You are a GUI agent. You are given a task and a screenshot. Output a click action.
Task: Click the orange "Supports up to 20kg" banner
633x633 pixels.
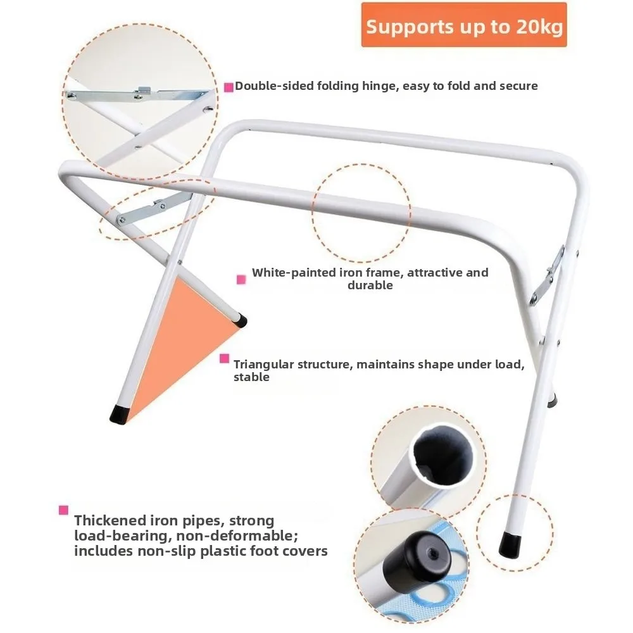click(464, 25)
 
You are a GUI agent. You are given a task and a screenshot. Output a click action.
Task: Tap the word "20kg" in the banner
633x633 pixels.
click(539, 27)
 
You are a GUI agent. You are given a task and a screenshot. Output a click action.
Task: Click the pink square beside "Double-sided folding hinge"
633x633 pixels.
click(229, 87)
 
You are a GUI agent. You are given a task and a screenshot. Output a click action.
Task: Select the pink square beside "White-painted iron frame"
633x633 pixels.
click(241, 279)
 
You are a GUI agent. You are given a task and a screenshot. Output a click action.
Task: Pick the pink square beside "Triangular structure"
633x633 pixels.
click(225, 358)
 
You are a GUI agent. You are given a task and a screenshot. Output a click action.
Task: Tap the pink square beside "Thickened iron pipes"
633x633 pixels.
click(63, 510)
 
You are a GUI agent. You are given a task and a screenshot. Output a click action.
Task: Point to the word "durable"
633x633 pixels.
click(370, 285)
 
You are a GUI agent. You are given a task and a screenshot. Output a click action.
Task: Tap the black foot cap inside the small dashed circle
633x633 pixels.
click(509, 545)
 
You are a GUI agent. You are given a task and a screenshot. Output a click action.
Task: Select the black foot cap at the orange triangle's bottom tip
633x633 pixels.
click(119, 413)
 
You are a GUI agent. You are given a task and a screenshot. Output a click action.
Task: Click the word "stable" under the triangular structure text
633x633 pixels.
click(251, 377)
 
